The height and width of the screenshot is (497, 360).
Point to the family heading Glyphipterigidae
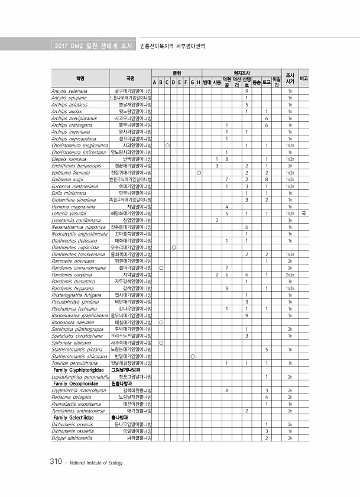[x=82, y=369]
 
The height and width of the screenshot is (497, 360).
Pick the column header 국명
[x=131, y=78]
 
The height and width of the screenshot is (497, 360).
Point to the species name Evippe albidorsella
[x=73, y=438]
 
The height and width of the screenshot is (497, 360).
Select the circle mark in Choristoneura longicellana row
[x=168, y=145]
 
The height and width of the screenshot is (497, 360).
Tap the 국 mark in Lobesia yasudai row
[x=303, y=212]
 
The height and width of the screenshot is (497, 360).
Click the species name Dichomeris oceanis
[x=72, y=424]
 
